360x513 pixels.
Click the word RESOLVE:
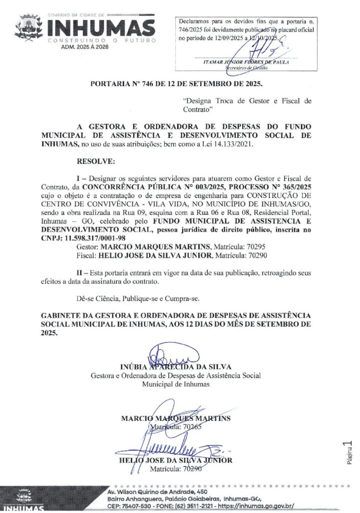[96, 162]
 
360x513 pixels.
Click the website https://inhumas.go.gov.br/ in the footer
[256, 506]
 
